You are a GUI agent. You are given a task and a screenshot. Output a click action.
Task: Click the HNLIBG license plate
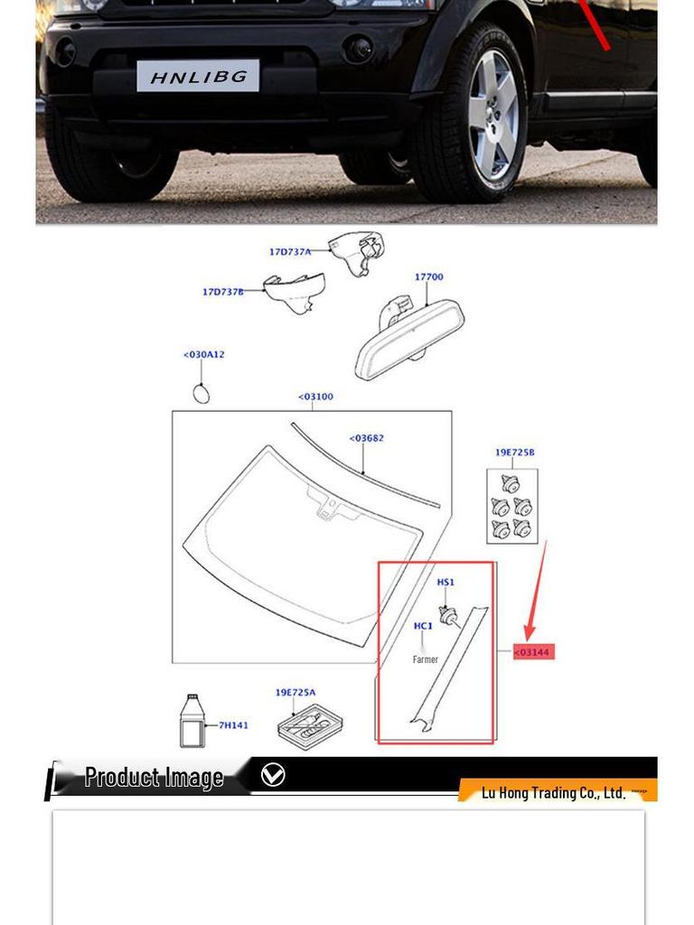click(198, 76)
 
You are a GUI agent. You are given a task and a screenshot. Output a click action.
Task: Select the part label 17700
click(428, 277)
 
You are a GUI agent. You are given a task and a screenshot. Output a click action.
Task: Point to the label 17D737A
click(289, 252)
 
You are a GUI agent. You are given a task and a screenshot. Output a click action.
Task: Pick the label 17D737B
click(222, 292)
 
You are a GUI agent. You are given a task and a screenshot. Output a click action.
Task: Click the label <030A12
click(203, 355)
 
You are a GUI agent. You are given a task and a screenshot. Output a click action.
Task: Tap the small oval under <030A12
click(202, 393)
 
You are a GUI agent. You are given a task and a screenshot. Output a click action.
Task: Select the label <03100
click(315, 397)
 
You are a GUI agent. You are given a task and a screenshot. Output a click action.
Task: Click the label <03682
click(366, 439)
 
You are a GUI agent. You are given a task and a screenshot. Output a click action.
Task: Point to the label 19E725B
click(514, 453)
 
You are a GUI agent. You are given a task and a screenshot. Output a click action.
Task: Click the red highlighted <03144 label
click(533, 652)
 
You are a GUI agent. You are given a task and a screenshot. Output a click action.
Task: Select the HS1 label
click(445, 583)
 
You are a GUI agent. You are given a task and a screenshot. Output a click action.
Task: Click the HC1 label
click(423, 626)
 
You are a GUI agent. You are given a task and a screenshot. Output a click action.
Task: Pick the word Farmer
click(425, 659)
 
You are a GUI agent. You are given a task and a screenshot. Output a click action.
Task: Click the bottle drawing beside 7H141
click(191, 721)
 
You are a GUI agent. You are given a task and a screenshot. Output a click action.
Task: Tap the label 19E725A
click(295, 693)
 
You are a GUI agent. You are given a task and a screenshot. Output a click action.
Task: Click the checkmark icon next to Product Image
click(272, 775)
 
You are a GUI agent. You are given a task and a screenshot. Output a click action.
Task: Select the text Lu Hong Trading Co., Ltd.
click(553, 793)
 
